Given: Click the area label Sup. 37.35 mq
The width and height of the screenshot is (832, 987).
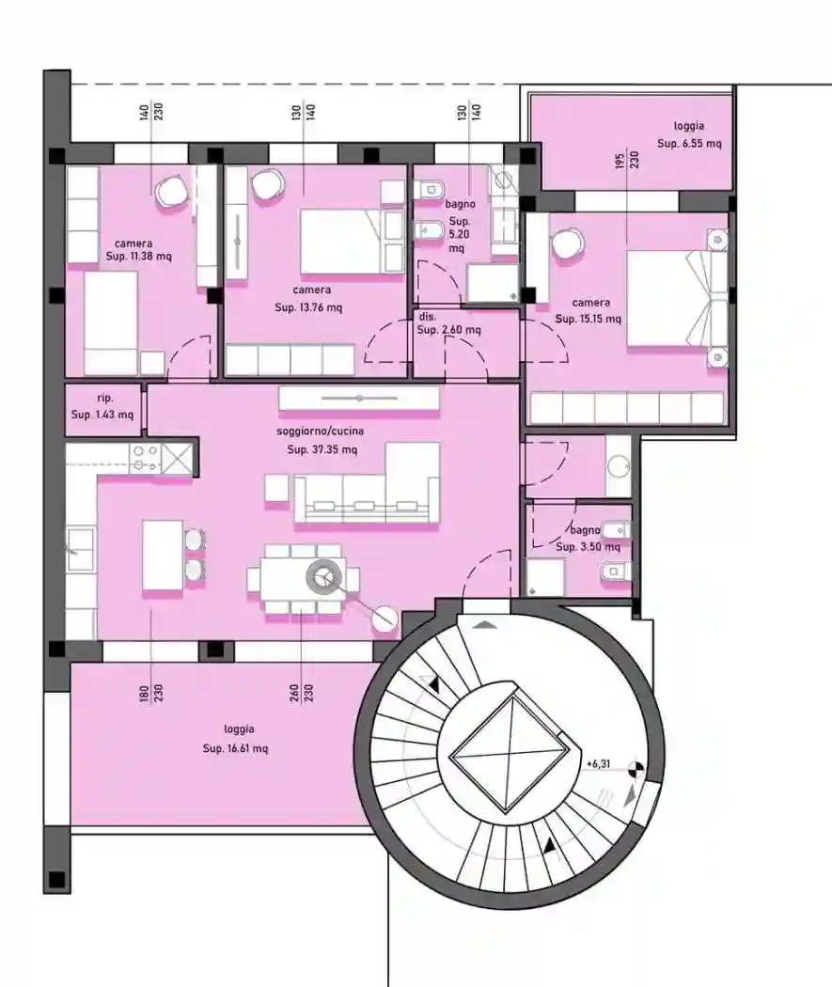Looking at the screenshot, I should coord(322,449).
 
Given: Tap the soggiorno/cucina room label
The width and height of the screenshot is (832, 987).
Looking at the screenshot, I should coord(321,431).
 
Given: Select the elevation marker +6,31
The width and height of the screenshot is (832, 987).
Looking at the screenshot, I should coord(599,764).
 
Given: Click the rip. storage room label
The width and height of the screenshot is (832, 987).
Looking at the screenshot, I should coord(104,399).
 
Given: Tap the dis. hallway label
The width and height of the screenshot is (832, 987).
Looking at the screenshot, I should coord(427,317).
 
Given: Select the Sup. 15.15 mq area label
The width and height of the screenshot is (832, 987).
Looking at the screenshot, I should coord(589,319).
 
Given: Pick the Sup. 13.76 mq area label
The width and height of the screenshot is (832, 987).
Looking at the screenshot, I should coord(308,307).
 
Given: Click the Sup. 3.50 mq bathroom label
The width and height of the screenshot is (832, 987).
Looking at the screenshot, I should coord(588,546).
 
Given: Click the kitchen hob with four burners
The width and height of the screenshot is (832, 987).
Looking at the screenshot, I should coord(145,458).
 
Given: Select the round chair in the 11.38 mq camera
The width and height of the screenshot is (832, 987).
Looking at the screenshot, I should coord(172,192).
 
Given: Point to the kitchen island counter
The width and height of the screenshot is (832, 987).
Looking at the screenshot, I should coord(163,556).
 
